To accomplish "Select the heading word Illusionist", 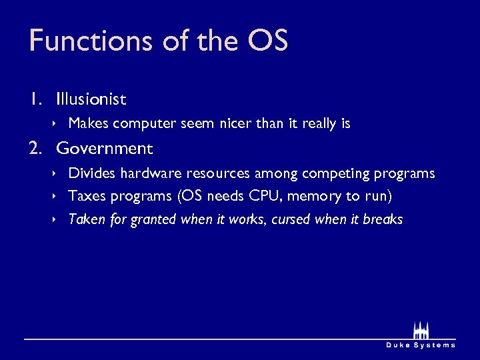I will [x=91, y=99].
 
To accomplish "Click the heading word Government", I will [x=105, y=148].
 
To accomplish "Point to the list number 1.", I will [x=35, y=99].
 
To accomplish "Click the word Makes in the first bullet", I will [x=89, y=123].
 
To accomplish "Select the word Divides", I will [x=92, y=173].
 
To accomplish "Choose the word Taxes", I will [x=87, y=196].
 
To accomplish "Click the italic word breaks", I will [x=383, y=219].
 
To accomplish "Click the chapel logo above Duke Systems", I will [x=420, y=330].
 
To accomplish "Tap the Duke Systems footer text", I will [x=421, y=345].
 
